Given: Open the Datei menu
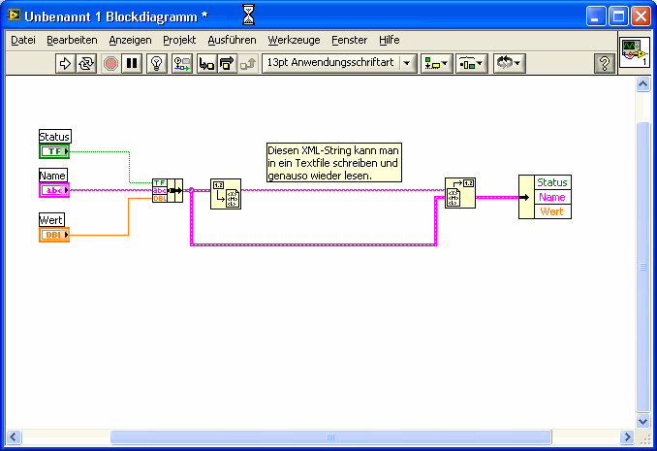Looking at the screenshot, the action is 23,41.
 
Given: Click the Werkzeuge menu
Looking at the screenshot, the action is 294,41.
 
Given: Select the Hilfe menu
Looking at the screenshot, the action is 390,41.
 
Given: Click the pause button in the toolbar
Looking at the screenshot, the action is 132,63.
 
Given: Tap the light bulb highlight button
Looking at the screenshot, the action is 157,63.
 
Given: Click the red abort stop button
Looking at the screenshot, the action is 110,63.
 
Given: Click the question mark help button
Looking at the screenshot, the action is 605,63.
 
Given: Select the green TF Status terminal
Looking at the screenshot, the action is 54,151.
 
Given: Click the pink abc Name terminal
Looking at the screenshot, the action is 54,190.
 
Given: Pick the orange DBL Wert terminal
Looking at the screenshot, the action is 54,235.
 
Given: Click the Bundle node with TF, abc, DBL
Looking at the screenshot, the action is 168,190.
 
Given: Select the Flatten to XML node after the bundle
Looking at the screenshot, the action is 226,194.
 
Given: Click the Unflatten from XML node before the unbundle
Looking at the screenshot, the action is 460,193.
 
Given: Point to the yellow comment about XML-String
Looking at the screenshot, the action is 334,162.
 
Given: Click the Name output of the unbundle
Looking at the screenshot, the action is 552,197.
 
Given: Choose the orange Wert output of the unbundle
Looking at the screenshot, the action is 552,211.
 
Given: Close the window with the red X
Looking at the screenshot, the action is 641,16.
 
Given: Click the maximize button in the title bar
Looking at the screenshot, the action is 618,16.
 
